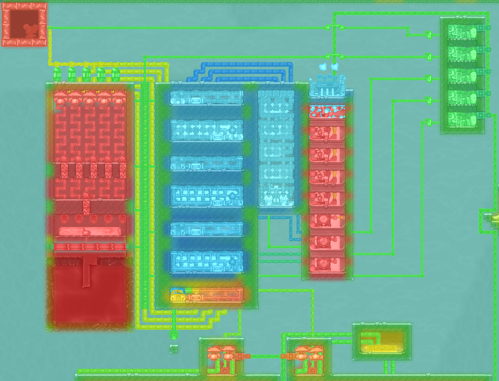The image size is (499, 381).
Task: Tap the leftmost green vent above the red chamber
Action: click(x=57, y=74)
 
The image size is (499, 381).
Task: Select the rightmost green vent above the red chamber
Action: click(x=115, y=74)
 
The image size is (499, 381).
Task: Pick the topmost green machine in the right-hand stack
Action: click(x=463, y=32)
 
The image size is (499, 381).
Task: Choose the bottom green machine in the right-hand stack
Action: click(x=463, y=120)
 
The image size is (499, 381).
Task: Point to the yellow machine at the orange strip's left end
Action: click(x=178, y=295)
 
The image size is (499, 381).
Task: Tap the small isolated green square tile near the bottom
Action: click(x=174, y=349)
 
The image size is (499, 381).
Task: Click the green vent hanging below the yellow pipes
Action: click(x=174, y=335)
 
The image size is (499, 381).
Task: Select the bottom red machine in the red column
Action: click(x=327, y=264)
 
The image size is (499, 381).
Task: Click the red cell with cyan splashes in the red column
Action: click(x=327, y=111)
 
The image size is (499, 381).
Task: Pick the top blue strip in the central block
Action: click(x=207, y=98)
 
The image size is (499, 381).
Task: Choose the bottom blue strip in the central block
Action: click(x=207, y=261)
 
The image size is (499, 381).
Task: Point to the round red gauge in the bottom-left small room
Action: click(x=225, y=371)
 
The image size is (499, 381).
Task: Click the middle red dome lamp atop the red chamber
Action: click(x=89, y=98)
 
